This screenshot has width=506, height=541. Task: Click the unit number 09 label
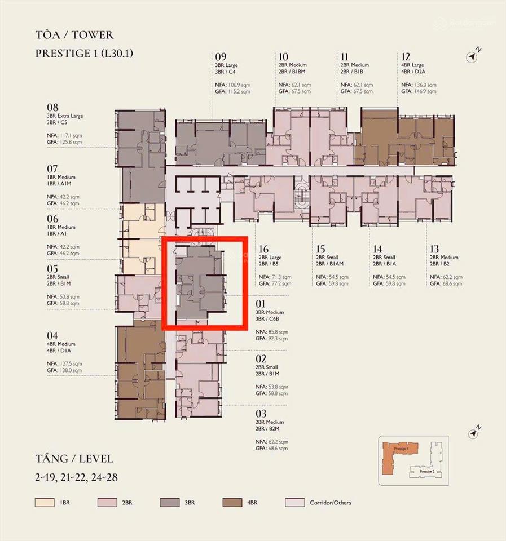click(221, 57)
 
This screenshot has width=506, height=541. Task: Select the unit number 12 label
click(406, 57)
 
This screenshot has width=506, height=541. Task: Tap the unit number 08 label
click(52, 107)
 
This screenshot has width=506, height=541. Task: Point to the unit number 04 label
click(52, 335)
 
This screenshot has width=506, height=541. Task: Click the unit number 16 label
click(263, 249)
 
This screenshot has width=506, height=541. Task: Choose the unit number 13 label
click(435, 249)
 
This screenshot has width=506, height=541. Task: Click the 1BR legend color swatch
click(44, 502)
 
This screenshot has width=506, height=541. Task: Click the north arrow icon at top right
click(473, 56)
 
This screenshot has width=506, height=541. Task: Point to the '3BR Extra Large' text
click(65, 116)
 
